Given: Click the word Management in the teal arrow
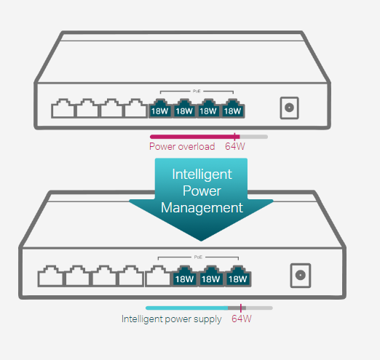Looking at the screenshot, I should [x=202, y=207].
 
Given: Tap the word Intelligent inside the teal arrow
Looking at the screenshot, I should [x=202, y=175].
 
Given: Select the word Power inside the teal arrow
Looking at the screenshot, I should [x=202, y=191].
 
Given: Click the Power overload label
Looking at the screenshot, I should [x=182, y=146].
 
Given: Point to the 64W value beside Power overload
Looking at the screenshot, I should [x=235, y=146].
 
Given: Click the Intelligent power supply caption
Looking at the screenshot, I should [x=172, y=319].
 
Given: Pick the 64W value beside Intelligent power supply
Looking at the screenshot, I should [x=241, y=319].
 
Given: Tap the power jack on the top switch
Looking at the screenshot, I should [x=289, y=108].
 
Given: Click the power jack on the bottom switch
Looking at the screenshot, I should [x=299, y=276].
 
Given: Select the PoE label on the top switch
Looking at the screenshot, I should [x=197, y=91].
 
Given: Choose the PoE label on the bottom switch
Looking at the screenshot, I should [x=198, y=257].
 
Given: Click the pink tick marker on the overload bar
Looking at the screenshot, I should [x=235, y=136].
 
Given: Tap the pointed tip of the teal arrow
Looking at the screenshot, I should [x=202, y=241].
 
